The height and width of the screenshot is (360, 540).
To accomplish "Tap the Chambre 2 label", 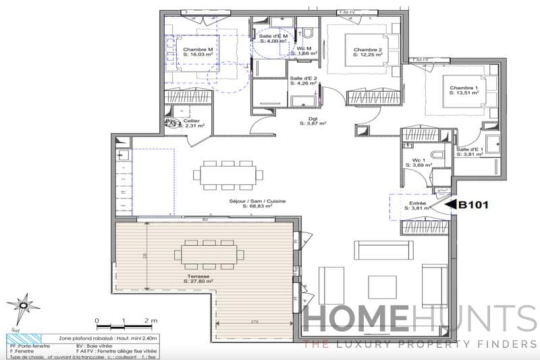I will pos(368,50).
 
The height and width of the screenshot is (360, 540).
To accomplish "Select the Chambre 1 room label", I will pos(464,88).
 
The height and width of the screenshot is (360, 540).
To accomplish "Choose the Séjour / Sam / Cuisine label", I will pos(248,201).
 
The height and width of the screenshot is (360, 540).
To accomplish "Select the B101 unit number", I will pos(474,202).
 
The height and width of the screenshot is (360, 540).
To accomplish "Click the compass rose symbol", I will pos(23,306).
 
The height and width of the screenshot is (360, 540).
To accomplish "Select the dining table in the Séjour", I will pos(227,175).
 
